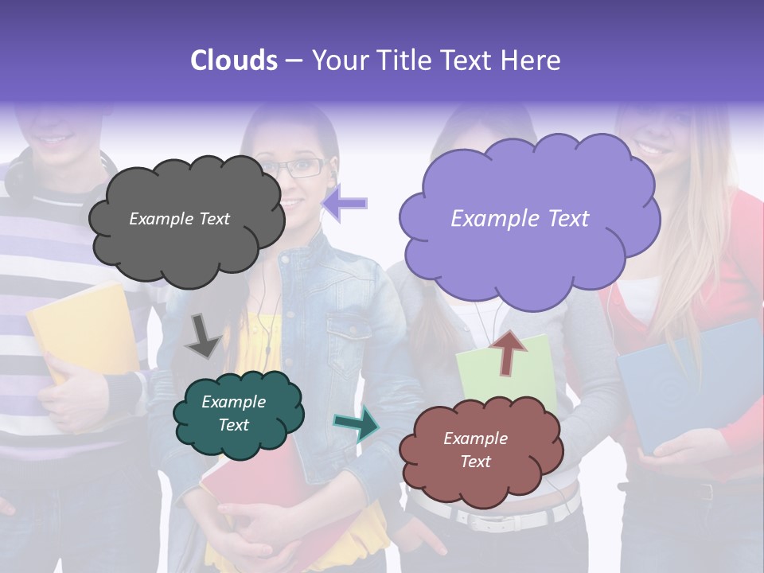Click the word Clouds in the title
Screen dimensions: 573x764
(234, 60)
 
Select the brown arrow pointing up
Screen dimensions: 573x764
(508, 351)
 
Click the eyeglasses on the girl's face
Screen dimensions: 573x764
(302, 168)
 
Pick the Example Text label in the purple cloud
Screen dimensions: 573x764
(520, 219)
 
